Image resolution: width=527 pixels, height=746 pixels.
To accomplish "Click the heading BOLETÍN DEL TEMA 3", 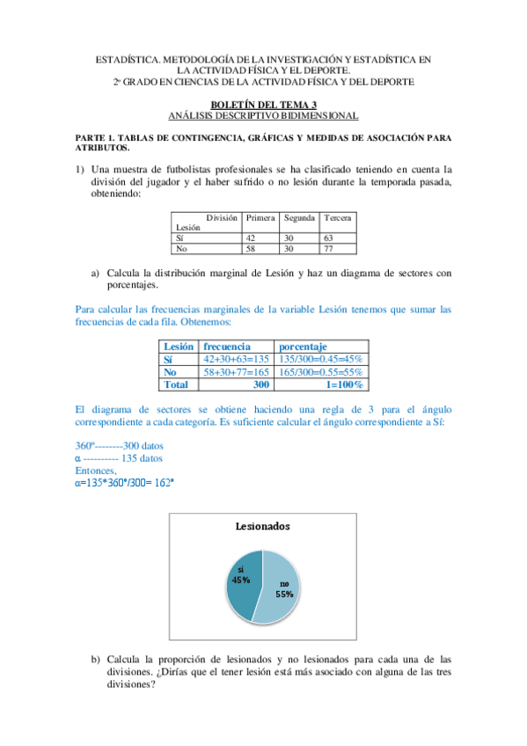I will pyautogui.click(x=263, y=106).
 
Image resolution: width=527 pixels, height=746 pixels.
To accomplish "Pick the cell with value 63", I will pyautogui.click(x=329, y=238).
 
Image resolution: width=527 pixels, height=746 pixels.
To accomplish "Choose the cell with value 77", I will pyautogui.click(x=329, y=249).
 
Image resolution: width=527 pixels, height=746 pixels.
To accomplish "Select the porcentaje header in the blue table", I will pyautogui.click(x=303, y=347).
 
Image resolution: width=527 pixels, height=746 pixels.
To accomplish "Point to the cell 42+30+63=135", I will pyautogui.click(x=235, y=359).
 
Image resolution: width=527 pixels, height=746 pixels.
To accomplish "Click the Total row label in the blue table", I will pyautogui.click(x=176, y=384).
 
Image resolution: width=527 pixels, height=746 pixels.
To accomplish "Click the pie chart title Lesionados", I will pyautogui.click(x=263, y=526).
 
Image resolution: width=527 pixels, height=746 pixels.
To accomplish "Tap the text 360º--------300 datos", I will pyautogui.click(x=120, y=446).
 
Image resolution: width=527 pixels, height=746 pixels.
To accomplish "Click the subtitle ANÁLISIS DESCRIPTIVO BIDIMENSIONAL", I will pyautogui.click(x=263, y=115).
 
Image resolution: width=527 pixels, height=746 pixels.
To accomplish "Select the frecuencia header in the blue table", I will pyautogui.click(x=227, y=347).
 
